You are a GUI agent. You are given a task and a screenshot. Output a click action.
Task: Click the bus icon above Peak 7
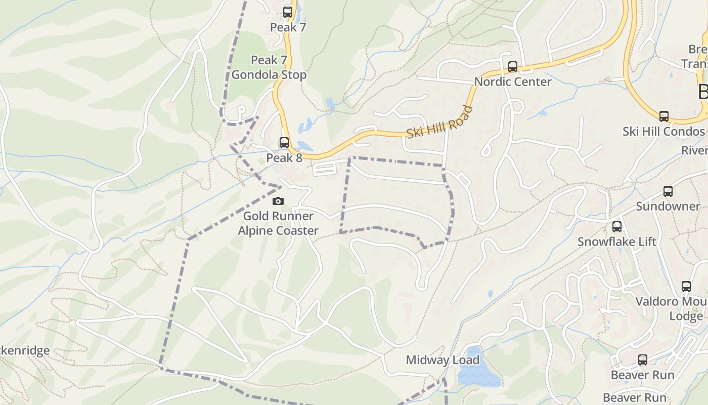pos(288,12)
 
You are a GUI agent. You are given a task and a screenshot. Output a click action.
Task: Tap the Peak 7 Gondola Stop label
pos(269,67)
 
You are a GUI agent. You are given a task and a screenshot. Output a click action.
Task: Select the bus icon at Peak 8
pos(284,143)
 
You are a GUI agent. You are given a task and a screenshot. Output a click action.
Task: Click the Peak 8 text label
pos(284,158)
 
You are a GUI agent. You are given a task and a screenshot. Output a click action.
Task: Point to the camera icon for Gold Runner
pos(278,201)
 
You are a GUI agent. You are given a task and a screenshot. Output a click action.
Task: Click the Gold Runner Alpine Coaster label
pos(278,223)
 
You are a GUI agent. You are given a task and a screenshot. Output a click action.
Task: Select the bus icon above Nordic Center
pos(512,66)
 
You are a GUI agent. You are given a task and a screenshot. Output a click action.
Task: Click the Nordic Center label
pos(512,82)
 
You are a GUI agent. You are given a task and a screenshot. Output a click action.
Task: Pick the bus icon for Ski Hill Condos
pos(663,116)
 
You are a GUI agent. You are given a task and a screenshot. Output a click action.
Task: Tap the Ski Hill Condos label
pos(663,132)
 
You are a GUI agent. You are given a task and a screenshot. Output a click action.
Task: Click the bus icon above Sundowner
pos(668,191)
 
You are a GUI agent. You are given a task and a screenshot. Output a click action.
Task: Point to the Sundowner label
pos(668,207)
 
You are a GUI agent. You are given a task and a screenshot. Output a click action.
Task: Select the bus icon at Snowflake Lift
pos(617,227)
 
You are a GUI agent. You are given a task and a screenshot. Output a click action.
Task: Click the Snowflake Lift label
pos(617,242)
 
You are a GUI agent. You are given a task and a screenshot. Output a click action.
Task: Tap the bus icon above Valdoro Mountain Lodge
pos(686,287)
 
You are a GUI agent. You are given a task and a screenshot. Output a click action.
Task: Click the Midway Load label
pos(442,360)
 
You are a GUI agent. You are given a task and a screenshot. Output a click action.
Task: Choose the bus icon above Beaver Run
pos(642,360)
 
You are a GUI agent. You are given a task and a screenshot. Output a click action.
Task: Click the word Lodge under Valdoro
pos(686,316)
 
